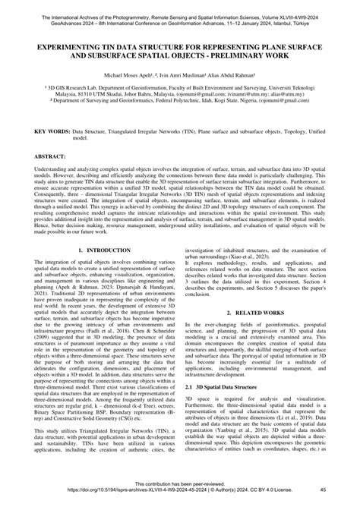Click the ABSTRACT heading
[x=49, y=156]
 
